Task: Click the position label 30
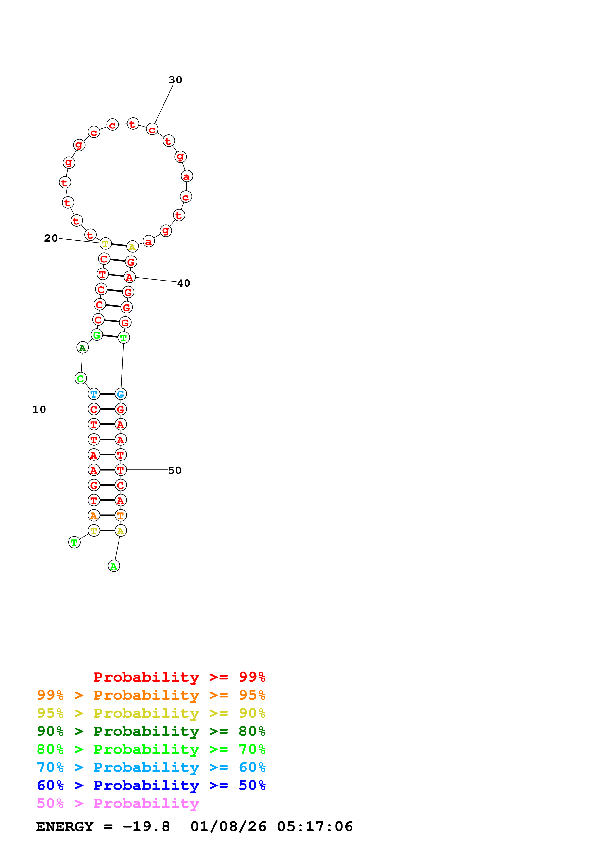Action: coord(175,80)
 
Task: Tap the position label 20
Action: coord(51,238)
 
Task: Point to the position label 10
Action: coord(39,409)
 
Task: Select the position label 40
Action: coord(184,283)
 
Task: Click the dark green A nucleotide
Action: coord(83,347)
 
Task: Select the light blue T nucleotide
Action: coord(94,394)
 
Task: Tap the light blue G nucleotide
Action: coord(120,394)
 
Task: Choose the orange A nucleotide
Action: coord(94,515)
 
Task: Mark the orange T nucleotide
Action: coord(120,515)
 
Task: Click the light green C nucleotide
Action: coord(81,378)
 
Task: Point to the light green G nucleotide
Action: coord(97,335)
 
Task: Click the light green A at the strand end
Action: coord(114,566)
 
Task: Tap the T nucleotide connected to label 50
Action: coord(120,470)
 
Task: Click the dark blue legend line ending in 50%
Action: coord(151,785)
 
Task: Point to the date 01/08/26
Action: coord(228,826)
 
